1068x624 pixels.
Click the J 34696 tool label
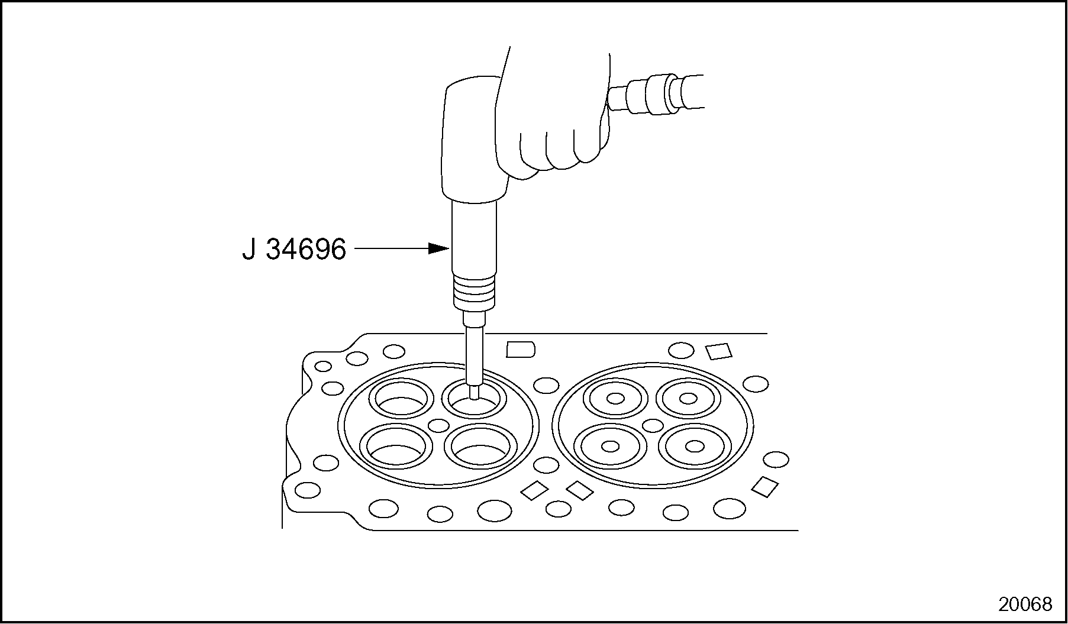click(x=294, y=249)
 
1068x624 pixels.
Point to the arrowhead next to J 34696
click(x=438, y=248)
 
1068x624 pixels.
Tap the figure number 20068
click(x=1025, y=604)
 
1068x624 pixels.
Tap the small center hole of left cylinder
click(x=438, y=425)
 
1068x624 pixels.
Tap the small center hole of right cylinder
click(x=653, y=425)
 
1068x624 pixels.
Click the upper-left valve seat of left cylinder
click(x=401, y=399)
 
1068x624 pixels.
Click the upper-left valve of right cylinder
click(x=615, y=399)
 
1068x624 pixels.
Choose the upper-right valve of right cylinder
click(x=688, y=399)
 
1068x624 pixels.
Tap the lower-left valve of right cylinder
click(x=609, y=446)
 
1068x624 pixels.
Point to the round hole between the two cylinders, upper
click(x=546, y=386)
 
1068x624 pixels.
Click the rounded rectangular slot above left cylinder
click(x=521, y=349)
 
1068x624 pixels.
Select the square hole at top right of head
click(x=719, y=351)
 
